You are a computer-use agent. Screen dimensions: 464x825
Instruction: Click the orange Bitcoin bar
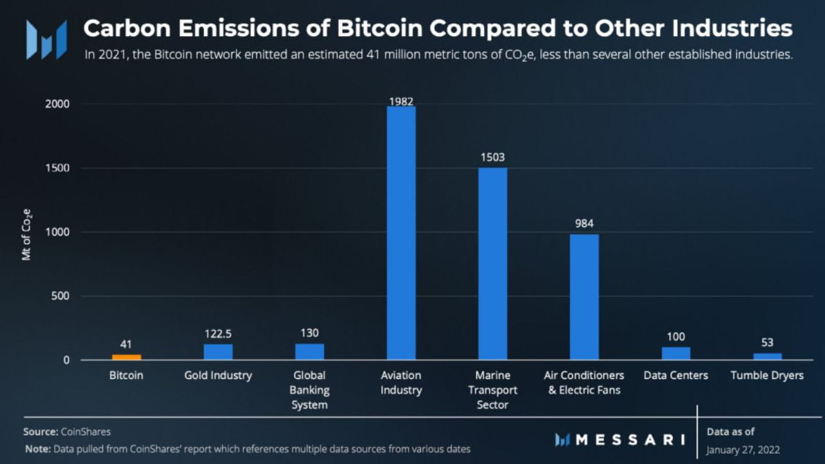[126, 356]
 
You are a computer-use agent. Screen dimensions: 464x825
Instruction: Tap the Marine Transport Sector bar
[492, 264]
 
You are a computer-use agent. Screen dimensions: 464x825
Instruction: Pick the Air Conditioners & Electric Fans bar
[584, 297]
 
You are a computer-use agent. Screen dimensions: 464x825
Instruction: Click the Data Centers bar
[675, 353]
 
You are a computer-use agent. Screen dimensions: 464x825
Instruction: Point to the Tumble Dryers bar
[767, 356]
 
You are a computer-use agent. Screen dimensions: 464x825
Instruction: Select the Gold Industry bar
[218, 352]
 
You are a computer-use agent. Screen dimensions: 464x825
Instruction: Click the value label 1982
[401, 101]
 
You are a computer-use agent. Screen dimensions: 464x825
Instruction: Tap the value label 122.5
[218, 334]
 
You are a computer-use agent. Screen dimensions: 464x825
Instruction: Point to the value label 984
[584, 224]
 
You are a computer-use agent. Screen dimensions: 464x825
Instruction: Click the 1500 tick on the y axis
[57, 168]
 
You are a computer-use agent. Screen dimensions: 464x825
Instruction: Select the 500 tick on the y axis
[60, 296]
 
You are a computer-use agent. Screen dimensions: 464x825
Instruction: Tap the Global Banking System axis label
[309, 390]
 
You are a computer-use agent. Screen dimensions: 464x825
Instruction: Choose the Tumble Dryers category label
[767, 375]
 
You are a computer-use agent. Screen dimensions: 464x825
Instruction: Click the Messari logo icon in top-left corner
[46, 39]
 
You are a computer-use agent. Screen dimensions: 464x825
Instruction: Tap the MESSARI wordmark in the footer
[629, 440]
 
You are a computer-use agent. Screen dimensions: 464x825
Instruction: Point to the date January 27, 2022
[743, 449]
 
